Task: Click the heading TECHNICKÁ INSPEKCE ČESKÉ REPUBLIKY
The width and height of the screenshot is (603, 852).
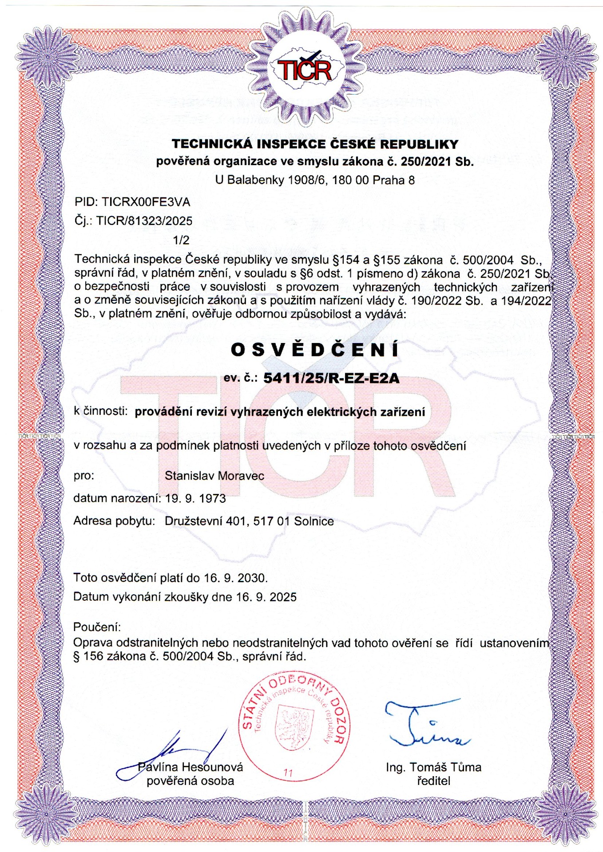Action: point(315,144)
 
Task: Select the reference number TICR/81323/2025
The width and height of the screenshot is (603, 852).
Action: point(144,221)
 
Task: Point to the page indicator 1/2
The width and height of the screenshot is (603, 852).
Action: point(181,240)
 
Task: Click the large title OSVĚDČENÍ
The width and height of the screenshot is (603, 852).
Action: point(315,350)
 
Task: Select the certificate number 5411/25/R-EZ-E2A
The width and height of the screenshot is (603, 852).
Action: point(331,378)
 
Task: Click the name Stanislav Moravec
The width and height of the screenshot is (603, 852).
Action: point(214,476)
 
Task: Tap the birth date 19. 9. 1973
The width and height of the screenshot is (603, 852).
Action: point(195,498)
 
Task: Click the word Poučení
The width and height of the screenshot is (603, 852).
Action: point(97,627)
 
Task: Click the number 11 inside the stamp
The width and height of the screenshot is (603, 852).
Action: point(288,773)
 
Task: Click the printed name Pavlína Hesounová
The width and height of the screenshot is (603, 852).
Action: point(190,767)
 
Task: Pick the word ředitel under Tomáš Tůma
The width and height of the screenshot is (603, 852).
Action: point(433,781)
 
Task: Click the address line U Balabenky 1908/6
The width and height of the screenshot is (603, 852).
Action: point(315,180)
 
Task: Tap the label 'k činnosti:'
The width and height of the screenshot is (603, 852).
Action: point(101,411)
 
